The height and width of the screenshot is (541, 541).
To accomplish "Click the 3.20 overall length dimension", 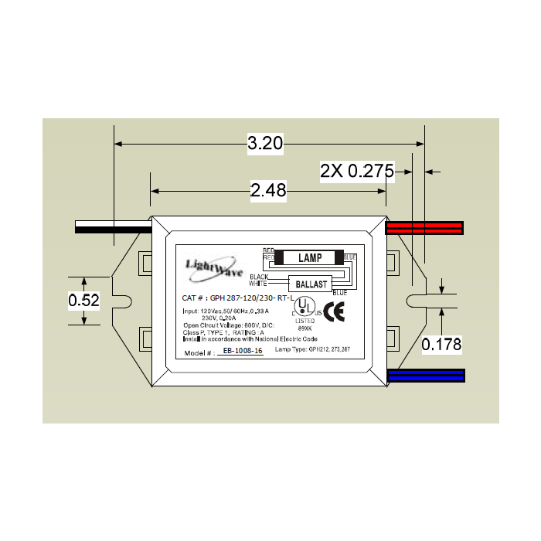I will pos(266,143).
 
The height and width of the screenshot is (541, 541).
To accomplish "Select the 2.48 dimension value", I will pos(268,190).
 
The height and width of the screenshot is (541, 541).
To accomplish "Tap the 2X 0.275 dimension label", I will pos(357,172).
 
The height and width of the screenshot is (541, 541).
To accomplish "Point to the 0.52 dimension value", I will pos(83,301).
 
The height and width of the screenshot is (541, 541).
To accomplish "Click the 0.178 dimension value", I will pos(441,345).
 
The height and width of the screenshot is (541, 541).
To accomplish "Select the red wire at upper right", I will pos(424,227).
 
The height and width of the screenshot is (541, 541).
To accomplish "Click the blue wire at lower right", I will pos(426,376).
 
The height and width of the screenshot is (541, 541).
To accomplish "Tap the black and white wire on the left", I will pos(112,227).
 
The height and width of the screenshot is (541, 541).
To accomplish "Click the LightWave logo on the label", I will pos(214,266).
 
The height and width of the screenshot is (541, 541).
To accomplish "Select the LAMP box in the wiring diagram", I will pos(309,258).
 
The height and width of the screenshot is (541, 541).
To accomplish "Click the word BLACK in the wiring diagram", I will pos(259,277).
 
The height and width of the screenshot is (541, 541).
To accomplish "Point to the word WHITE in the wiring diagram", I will pos(258,284).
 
